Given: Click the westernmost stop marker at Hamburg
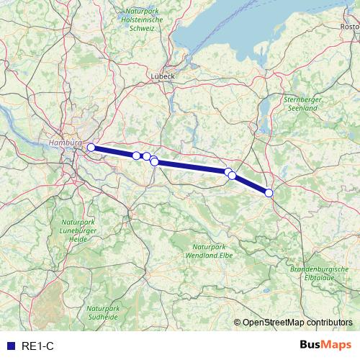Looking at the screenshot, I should (91, 148).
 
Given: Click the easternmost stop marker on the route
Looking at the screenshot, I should (269, 192).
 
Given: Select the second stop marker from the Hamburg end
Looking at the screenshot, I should (136, 156).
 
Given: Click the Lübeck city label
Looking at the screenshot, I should (163, 75).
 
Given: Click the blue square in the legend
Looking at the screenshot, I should (11, 346).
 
